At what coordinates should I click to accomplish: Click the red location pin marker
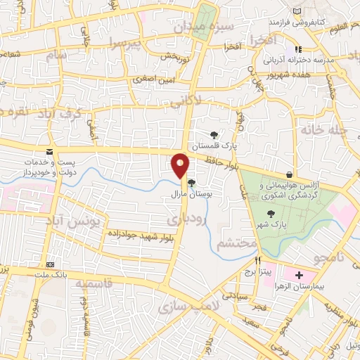(x=181, y=165)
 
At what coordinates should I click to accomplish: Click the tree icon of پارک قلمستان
(x=214, y=135)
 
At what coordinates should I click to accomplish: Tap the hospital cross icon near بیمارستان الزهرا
(x=300, y=274)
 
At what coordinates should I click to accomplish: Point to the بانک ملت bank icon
(x=50, y=264)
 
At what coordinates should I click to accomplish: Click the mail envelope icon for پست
(x=49, y=152)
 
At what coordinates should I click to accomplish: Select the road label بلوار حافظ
(x=221, y=162)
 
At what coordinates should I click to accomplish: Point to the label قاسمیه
(x=94, y=285)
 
